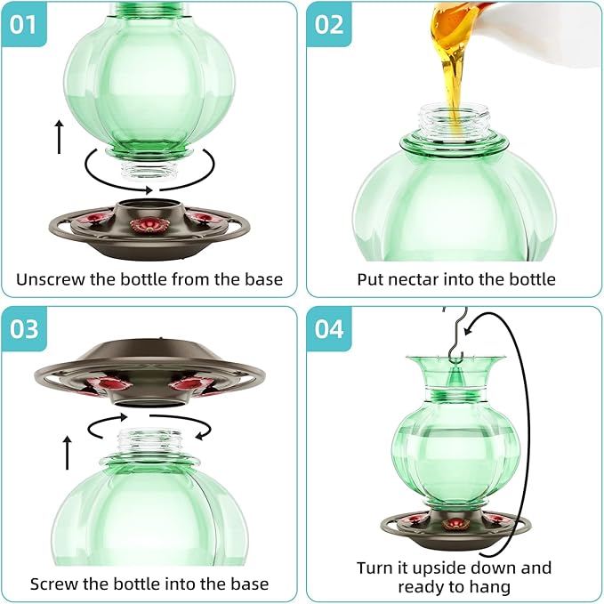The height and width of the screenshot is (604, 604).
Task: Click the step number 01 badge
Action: tap(24, 25)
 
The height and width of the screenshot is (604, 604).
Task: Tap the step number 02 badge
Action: tap(329, 25)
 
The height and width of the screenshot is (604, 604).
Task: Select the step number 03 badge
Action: tap(24, 329)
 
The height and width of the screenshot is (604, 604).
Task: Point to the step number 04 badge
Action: tap(329, 329)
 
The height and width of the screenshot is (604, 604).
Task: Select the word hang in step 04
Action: tap(490, 587)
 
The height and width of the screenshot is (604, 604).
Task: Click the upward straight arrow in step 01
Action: tap(59, 137)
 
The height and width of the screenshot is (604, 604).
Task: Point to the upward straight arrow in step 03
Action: tap(68, 453)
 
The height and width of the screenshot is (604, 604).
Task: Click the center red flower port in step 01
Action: tap(144, 225)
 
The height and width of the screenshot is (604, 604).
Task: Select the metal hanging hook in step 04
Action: tap(455, 335)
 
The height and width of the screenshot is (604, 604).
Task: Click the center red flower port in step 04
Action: tap(455, 524)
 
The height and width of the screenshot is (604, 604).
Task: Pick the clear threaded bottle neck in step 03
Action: tap(149, 441)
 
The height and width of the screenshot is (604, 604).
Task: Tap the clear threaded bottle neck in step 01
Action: tap(149, 171)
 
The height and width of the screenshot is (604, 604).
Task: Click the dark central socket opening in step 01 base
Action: tap(149, 204)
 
